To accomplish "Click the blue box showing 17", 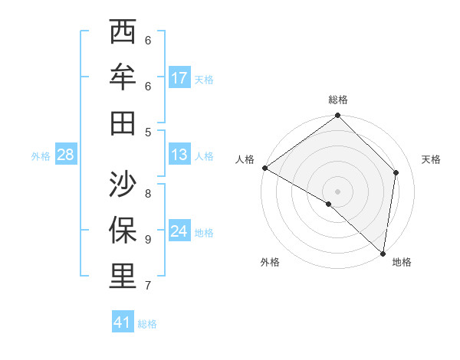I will [179, 77].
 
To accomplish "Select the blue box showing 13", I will [179, 155].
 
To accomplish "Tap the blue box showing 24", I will [179, 231].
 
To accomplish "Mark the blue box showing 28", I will [66, 155].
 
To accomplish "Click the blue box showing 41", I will [123, 322].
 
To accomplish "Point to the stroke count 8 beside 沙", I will [148, 193].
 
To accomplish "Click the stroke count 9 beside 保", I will [148, 239].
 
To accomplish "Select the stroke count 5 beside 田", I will [148, 132].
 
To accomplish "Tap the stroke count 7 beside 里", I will [148, 286].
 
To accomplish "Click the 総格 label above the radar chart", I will [338, 100].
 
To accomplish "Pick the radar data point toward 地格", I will [383, 253].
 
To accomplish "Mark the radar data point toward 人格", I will [264, 168].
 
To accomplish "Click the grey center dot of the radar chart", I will [338, 191].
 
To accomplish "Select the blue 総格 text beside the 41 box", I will [147, 324].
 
